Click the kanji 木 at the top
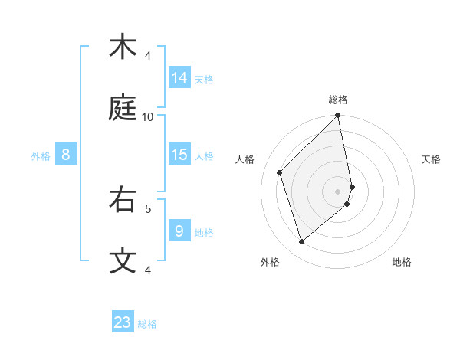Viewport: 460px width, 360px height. pos(123,47)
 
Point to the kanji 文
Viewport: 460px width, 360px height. pos(123,260)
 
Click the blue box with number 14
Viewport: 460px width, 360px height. pos(179,78)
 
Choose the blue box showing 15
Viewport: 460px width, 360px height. pos(179,155)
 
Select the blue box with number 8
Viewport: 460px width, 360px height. pos(66,155)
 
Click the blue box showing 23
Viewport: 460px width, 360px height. pos(123,322)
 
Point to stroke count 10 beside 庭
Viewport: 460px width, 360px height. pos(148,116)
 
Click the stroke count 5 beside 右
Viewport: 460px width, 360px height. pos(148,208)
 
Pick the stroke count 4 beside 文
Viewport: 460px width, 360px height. pos(148,270)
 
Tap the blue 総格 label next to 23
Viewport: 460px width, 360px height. pos(147,324)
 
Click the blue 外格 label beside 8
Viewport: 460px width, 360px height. pos(41,156)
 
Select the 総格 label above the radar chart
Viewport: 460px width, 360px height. pos(338,100)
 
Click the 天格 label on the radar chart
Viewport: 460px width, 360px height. pos(431,159)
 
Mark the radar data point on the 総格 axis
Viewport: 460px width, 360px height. pos(338,116)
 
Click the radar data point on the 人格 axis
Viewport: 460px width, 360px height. pos(280,172)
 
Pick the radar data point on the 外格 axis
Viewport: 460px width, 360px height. pos(302,241)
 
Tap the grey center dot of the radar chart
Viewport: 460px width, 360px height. pos(338,191)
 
